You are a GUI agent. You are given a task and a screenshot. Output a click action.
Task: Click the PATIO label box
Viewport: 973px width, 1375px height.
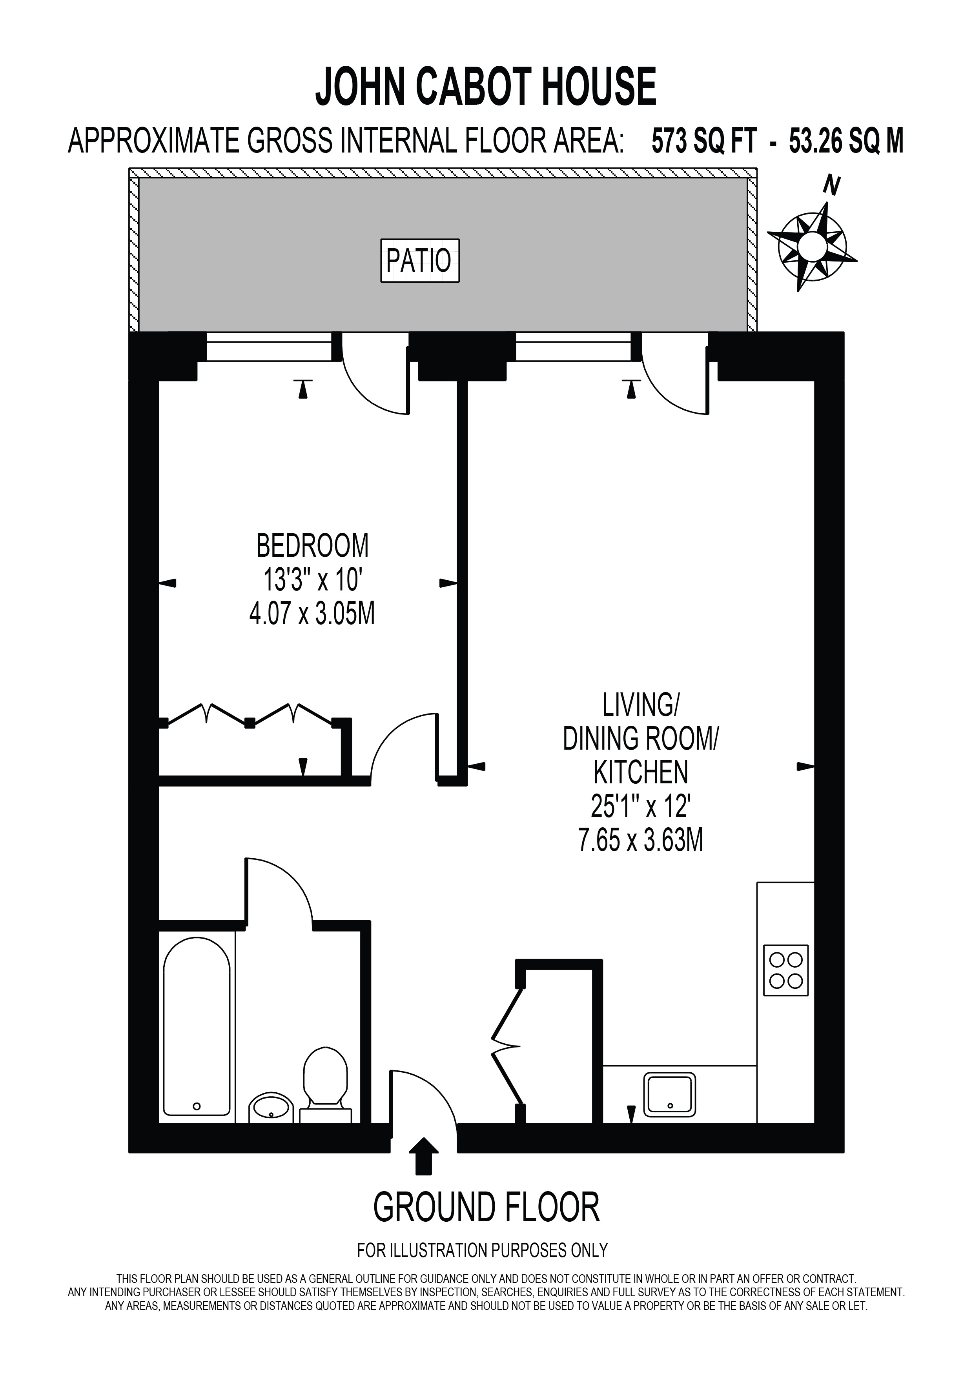click(x=419, y=260)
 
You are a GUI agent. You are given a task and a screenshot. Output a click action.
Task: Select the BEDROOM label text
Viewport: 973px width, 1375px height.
click(x=312, y=545)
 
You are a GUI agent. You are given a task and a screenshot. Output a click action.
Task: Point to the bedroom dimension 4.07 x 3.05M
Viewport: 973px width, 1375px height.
click(x=312, y=614)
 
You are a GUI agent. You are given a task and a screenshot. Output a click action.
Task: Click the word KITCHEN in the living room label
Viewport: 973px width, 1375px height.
click(x=640, y=772)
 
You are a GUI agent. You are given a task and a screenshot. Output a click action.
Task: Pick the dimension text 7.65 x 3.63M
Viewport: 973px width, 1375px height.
click(x=640, y=840)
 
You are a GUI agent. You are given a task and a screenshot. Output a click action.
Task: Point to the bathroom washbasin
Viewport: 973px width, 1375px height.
click(x=271, y=1106)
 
